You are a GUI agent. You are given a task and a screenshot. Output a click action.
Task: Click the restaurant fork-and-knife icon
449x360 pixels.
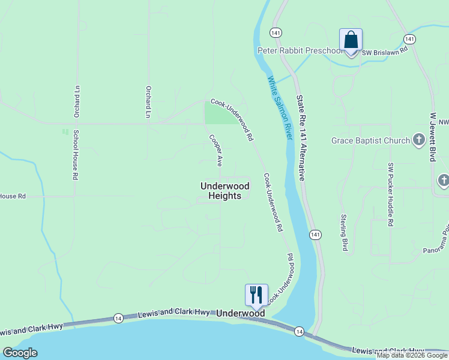[256, 294]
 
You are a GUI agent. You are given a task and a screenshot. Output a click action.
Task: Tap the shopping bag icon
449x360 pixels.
[351, 41]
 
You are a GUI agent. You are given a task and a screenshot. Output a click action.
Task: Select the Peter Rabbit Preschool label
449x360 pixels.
[300, 51]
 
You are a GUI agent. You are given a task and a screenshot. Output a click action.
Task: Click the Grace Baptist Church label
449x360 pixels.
[371, 141]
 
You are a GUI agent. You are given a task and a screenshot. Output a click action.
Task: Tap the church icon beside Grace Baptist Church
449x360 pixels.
[419, 141]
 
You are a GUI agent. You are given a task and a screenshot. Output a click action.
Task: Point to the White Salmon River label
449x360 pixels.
[280, 108]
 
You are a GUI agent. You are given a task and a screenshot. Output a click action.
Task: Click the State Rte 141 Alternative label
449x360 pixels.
[301, 137]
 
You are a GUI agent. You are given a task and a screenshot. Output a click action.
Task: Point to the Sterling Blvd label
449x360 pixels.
[345, 232]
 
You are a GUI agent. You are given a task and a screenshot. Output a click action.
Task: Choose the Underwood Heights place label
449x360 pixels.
[221, 191]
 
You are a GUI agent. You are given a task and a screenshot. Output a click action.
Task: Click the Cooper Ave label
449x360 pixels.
[216, 150]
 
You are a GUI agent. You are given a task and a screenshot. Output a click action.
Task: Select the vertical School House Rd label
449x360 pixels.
[76, 155]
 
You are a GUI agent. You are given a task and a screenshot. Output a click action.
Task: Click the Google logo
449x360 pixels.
[20, 353]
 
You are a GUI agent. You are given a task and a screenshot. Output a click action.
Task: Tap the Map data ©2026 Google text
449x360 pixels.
[412, 355]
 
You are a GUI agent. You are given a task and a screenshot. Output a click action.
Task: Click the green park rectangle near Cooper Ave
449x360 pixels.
[220, 113]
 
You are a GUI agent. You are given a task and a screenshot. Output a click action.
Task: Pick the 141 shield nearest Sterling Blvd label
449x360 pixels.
[315, 233]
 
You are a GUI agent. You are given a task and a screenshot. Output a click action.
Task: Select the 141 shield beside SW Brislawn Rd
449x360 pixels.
[409, 39]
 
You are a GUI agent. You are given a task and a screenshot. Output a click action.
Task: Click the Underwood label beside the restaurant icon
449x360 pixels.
[240, 313]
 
